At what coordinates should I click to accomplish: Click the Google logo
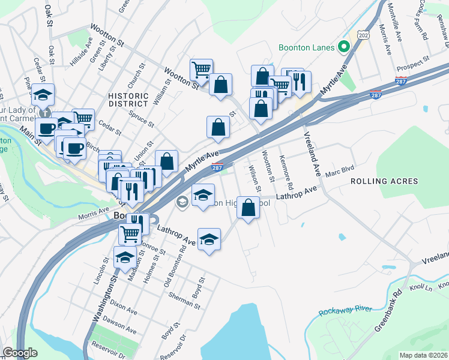pos(19,353)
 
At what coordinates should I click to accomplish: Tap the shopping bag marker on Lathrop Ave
pos(249,208)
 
